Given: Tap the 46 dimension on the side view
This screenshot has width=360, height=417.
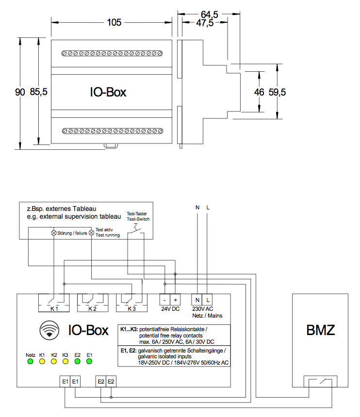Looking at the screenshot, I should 259,92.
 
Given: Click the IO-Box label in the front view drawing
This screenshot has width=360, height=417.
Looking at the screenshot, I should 108,92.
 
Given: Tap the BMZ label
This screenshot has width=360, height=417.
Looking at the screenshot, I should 321,331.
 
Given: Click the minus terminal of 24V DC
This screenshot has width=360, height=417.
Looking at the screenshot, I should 165,300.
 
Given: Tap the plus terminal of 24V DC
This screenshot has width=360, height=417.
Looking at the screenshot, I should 175,300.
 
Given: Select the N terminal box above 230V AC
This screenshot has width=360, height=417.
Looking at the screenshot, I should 197,300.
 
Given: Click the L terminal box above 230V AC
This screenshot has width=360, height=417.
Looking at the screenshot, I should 207,300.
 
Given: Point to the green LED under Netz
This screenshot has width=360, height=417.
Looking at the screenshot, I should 30,362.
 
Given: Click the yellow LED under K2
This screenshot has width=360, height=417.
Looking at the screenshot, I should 54,362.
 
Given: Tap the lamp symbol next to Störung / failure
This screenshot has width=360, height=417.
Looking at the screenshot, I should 54,233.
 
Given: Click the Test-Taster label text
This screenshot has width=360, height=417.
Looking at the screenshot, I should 137,213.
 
